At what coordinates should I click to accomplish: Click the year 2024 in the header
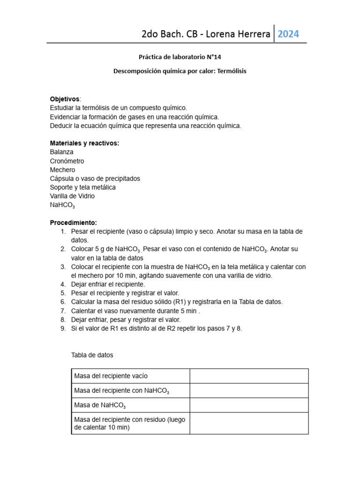(x=288, y=34)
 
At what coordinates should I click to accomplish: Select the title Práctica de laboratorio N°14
(x=180, y=57)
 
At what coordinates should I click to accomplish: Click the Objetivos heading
(x=65, y=99)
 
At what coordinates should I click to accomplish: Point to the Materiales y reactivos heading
(x=84, y=143)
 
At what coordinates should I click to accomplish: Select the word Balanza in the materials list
(x=61, y=152)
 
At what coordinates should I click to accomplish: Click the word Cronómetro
(x=67, y=161)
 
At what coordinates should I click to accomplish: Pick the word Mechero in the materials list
(x=62, y=170)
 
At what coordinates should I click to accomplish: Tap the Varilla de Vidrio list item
(x=72, y=196)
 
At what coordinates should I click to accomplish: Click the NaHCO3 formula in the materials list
(x=62, y=205)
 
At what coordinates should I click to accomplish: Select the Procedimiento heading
(x=73, y=222)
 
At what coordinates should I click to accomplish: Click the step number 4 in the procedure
(x=63, y=284)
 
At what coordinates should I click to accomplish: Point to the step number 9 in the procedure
(x=63, y=328)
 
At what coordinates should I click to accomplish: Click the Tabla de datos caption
(x=92, y=355)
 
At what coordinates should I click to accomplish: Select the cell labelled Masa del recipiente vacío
(x=130, y=376)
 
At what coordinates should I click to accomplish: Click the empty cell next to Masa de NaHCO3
(x=249, y=405)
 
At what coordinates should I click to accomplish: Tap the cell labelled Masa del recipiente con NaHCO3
(x=130, y=390)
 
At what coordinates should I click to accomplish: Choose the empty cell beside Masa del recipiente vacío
(x=249, y=376)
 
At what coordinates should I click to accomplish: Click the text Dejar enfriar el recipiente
(x=108, y=284)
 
